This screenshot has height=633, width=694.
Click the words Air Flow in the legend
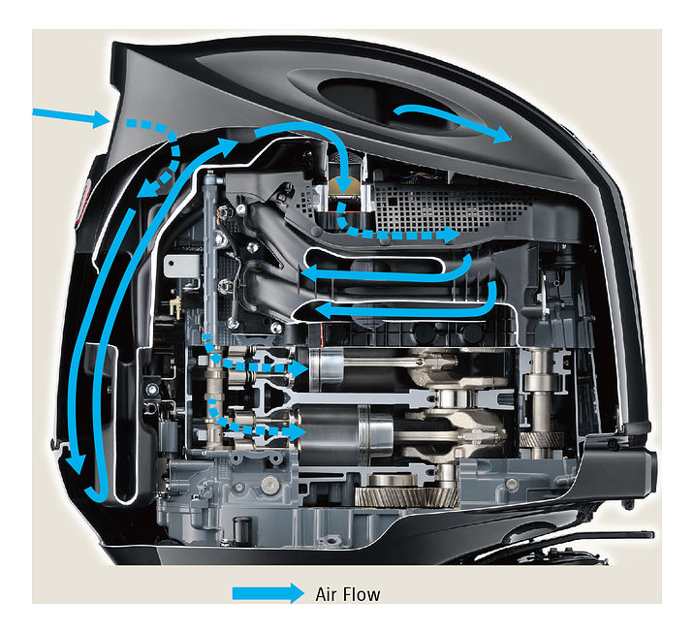348,594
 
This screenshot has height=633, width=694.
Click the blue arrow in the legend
268,593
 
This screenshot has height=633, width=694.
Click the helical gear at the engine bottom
407,495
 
